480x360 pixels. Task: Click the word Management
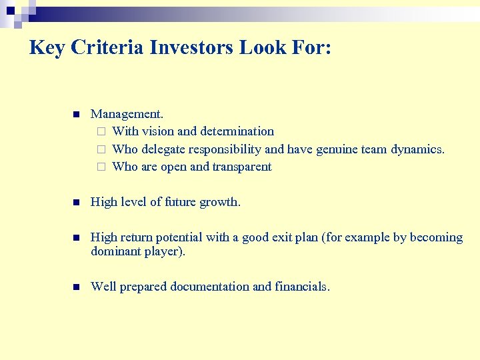coord(127,114)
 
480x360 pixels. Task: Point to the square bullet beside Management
coord(76,114)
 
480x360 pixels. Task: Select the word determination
coord(237,131)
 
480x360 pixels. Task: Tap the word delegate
coord(164,149)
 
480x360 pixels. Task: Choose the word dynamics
coord(418,149)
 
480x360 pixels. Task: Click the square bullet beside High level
coord(76,203)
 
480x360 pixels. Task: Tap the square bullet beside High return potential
coord(76,238)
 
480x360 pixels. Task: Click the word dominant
coord(115,251)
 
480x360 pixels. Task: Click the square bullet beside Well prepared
coord(76,287)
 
